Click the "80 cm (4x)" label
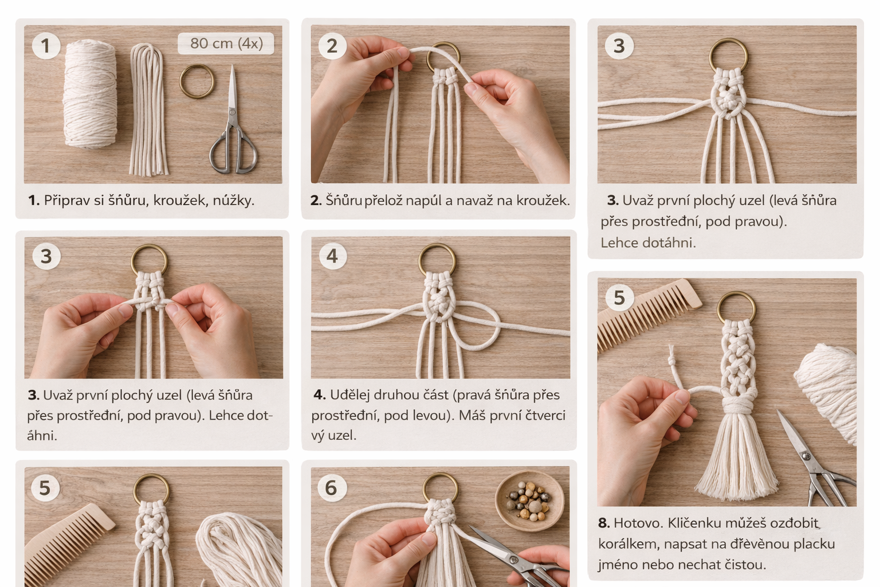[226, 43]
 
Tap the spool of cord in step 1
[91, 95]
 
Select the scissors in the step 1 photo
[233, 122]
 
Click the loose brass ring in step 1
[197, 81]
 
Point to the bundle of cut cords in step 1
[148, 109]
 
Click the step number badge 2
[332, 46]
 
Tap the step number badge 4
[332, 256]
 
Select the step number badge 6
[332, 488]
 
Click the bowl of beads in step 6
[529, 501]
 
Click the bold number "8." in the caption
[604, 523]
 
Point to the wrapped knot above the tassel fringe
[737, 405]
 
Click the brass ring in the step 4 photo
[437, 260]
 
